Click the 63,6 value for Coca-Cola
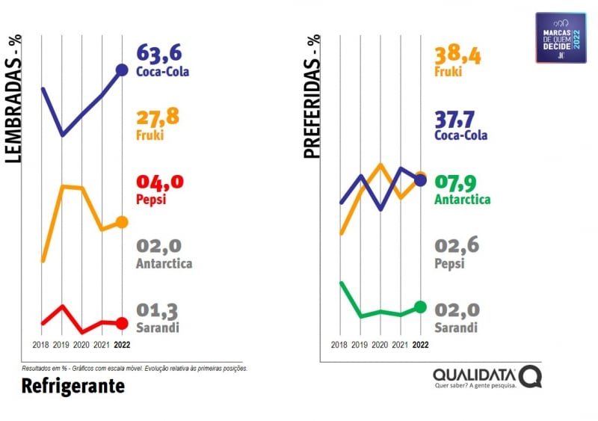click(159, 54)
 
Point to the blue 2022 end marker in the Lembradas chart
click(122, 70)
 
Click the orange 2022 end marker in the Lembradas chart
click(122, 222)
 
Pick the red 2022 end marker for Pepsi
click(122, 323)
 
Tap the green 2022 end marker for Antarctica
click(420, 307)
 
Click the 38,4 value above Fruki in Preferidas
click(457, 54)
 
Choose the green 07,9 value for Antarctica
click(457, 182)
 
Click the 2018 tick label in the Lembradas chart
click(42, 345)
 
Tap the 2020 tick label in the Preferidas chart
click(380, 345)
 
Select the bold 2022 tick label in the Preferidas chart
click(421, 345)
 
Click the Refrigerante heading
click(73, 386)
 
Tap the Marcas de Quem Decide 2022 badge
click(561, 37)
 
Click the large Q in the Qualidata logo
click(530, 377)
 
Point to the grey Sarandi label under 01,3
click(158, 328)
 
